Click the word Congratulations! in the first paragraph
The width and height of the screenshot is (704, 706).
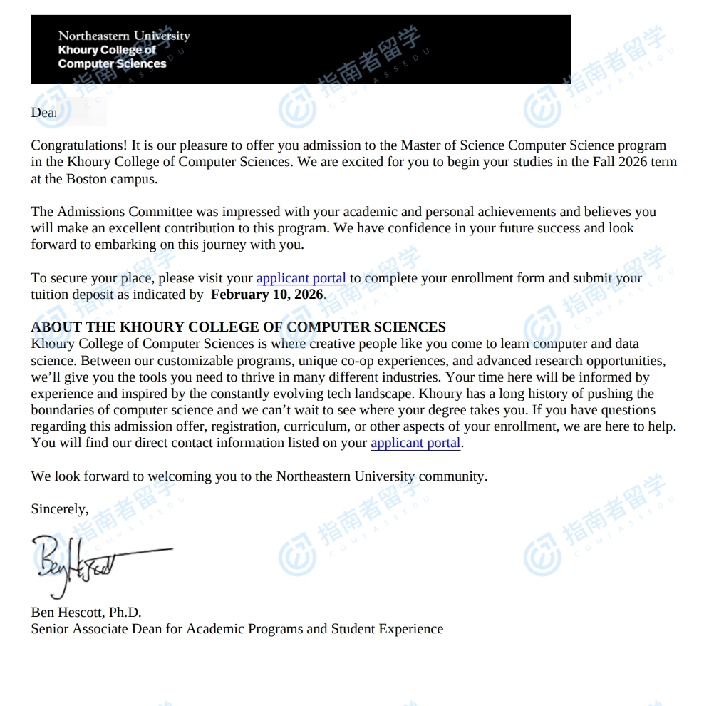[x=79, y=145]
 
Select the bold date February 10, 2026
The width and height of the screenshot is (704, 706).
[x=267, y=295]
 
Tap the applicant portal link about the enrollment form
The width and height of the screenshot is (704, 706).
[x=301, y=278]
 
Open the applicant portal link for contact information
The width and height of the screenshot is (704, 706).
[x=415, y=443]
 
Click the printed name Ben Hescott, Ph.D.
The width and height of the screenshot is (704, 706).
[x=86, y=613]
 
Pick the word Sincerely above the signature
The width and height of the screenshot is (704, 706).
[x=59, y=509]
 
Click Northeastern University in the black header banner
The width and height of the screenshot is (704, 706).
[x=124, y=36]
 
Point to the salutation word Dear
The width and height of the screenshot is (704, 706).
[x=43, y=113]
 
